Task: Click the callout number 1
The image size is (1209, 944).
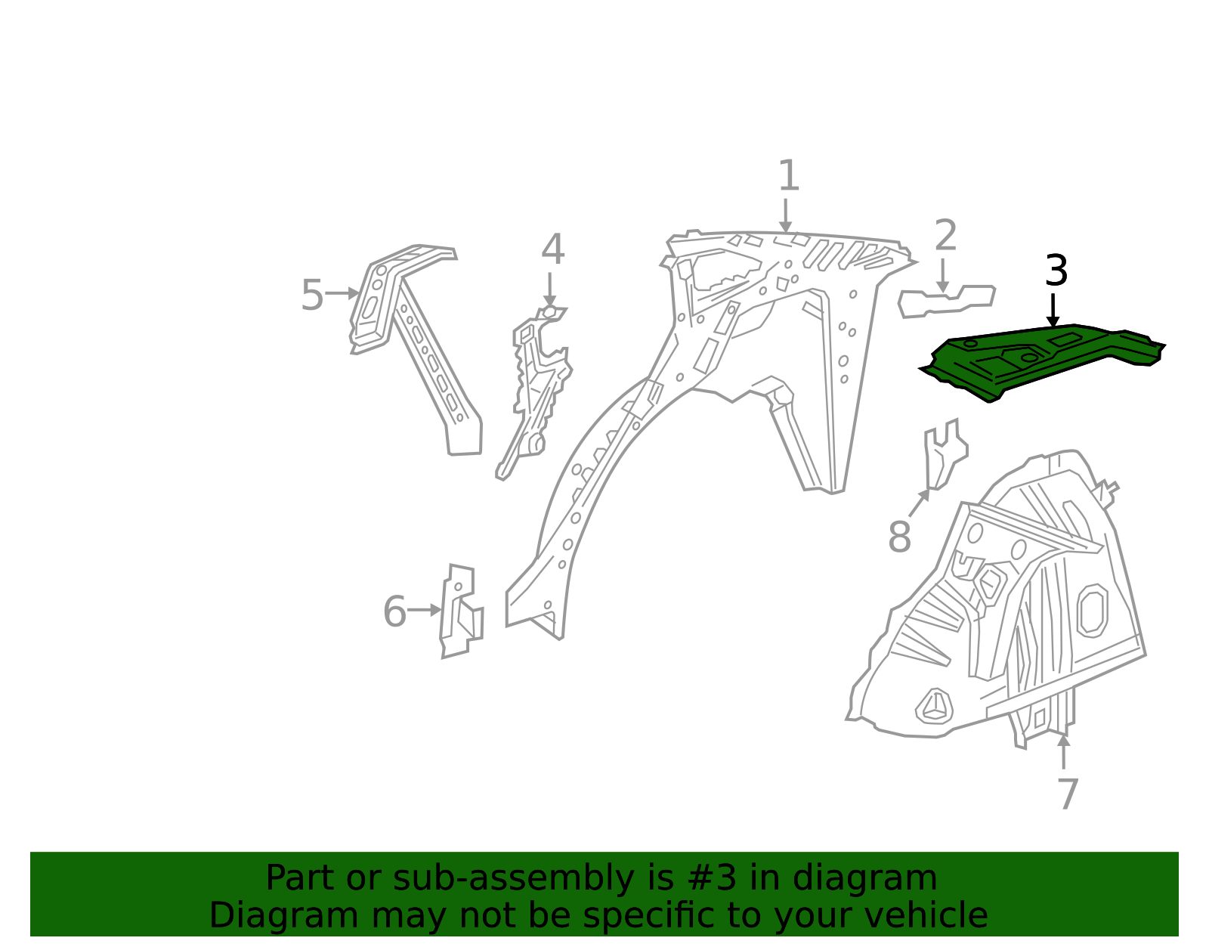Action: pos(789,175)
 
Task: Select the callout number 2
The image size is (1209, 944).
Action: pos(946,235)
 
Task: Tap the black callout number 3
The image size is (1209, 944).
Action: pos(1056,271)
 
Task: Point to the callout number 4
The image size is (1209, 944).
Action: pos(553,249)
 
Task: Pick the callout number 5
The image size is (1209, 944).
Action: pos(312,295)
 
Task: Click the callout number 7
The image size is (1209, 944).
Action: pos(1068,795)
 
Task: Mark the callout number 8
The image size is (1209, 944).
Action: pos(900,537)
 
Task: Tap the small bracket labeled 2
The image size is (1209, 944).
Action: pos(946,303)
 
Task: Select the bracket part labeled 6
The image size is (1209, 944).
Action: pos(462,612)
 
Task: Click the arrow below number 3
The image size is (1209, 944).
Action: pos(1053,310)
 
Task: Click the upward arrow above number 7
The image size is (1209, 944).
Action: pos(1063,751)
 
